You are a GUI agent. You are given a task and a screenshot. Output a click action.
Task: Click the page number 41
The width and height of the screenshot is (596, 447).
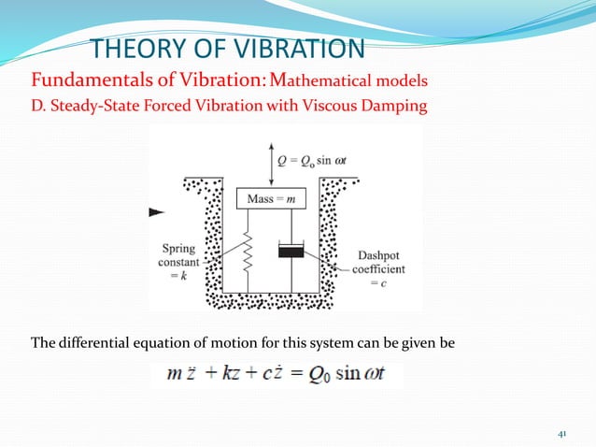click(x=561, y=433)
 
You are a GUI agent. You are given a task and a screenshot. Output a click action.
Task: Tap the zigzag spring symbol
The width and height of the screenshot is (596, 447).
click(x=248, y=250)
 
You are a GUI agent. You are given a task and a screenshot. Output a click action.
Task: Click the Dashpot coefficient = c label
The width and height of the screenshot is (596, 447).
click(x=378, y=268)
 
